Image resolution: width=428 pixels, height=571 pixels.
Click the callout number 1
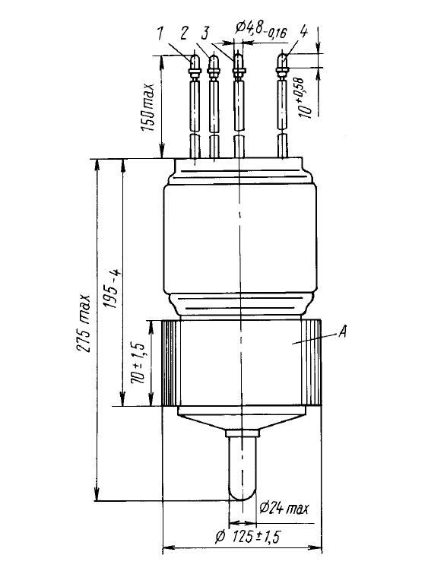pos(160,34)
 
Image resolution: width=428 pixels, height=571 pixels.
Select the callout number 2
pos(184,33)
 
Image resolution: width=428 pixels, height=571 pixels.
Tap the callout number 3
pos(206,33)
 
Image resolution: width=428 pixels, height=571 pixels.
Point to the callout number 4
pos(303,32)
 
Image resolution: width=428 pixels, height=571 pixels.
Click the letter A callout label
pos(341,331)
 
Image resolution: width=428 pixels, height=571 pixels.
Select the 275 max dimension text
pos(83,322)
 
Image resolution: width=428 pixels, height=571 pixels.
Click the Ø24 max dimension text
pos(284,508)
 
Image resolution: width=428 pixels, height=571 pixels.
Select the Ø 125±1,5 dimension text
pos(249,537)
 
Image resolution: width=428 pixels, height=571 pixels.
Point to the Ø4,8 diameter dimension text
pos(261,29)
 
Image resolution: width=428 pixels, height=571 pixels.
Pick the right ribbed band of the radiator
pos(312,363)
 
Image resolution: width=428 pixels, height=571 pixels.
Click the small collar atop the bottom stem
pos(243,433)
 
